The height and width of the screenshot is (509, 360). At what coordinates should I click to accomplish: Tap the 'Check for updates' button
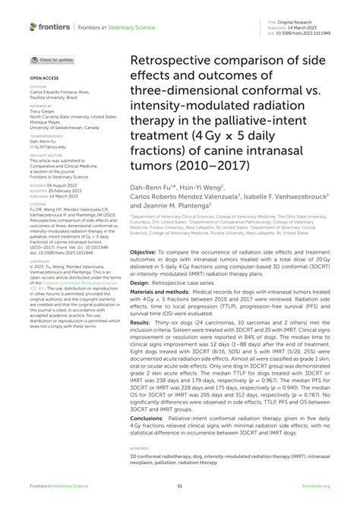click(x=52, y=59)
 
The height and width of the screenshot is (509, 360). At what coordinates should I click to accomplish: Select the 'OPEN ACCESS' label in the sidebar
click(x=44, y=78)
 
